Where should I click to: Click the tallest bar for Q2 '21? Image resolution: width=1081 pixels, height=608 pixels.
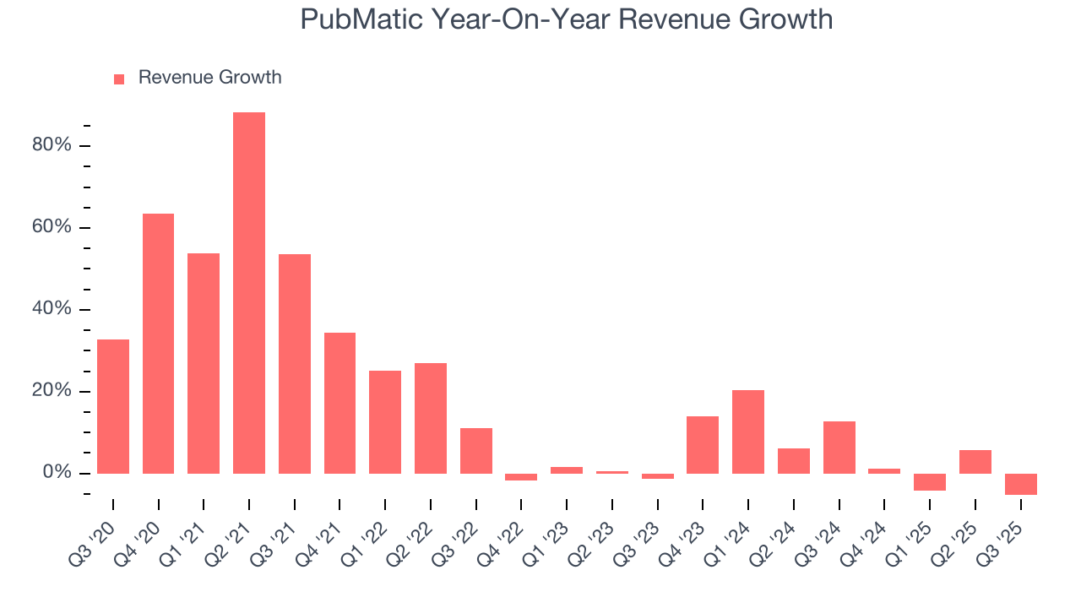(x=249, y=292)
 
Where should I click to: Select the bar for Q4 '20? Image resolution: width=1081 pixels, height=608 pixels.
(x=158, y=343)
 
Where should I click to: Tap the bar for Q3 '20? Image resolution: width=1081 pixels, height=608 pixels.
(x=113, y=406)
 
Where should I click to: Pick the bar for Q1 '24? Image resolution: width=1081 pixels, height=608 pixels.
(x=748, y=432)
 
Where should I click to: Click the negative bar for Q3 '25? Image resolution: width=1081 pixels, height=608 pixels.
(x=1020, y=484)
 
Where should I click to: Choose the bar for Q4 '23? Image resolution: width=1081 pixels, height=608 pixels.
(x=703, y=444)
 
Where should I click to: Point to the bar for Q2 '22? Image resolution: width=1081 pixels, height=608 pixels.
(x=431, y=418)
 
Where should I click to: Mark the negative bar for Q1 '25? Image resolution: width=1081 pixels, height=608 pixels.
(x=930, y=481)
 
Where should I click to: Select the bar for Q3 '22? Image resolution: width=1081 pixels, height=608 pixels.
(x=476, y=450)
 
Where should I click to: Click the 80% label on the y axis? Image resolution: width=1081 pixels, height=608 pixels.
(x=52, y=145)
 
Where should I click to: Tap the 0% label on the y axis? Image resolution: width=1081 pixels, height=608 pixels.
(x=56, y=473)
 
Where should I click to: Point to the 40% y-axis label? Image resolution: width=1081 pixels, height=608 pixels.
(x=52, y=309)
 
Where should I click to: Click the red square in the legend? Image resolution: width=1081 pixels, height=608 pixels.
(x=119, y=79)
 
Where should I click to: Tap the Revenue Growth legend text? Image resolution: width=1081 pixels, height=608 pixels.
(x=209, y=78)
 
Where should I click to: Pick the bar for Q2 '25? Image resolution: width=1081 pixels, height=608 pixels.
(x=975, y=461)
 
